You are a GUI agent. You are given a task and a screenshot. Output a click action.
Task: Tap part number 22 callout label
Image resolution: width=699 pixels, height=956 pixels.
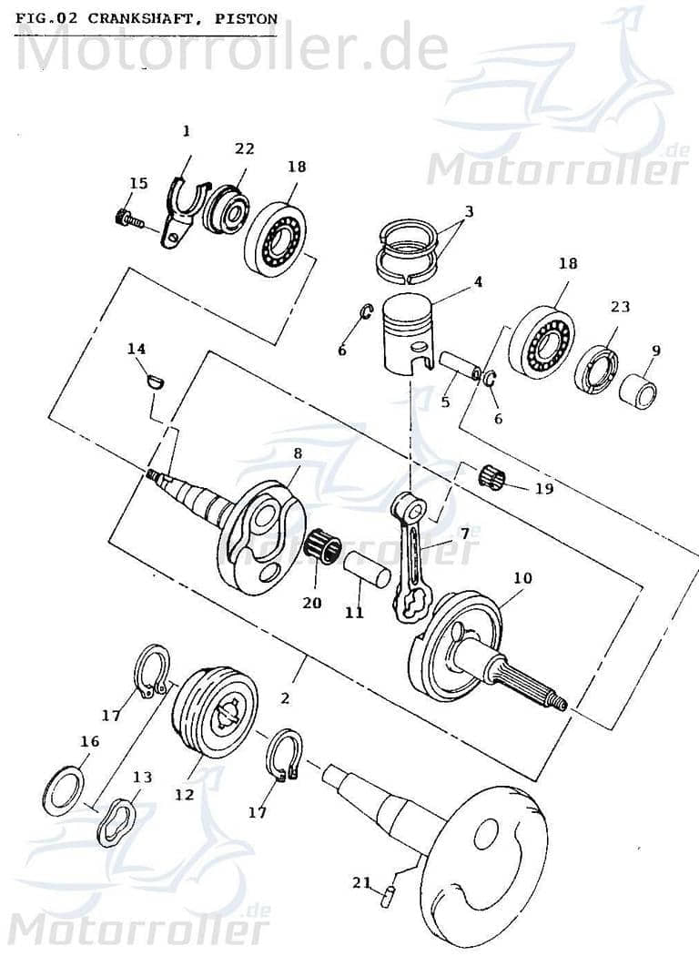[244, 149]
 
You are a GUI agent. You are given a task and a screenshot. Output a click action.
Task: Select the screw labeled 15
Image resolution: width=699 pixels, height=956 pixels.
[127, 218]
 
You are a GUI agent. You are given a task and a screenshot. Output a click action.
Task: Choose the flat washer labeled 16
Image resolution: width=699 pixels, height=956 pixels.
[64, 790]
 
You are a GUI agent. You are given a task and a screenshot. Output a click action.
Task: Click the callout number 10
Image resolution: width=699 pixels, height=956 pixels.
[522, 578]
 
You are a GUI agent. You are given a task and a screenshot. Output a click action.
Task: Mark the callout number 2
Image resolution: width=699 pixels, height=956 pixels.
[285, 699]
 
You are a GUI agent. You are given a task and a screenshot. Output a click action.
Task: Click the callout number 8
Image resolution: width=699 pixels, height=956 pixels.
[297, 453]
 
